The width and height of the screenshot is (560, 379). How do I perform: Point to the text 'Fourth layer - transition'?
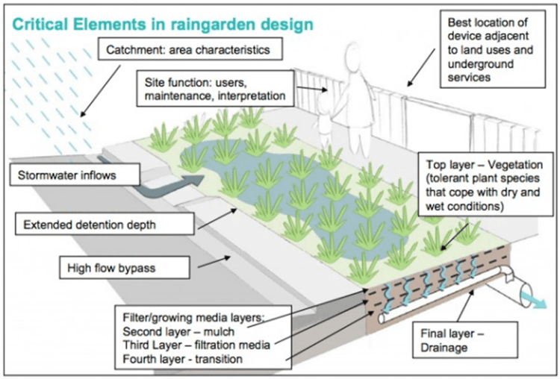pyautogui.click(x=186, y=358)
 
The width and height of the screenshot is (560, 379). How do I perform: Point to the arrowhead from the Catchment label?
pyautogui.click(x=81, y=115)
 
